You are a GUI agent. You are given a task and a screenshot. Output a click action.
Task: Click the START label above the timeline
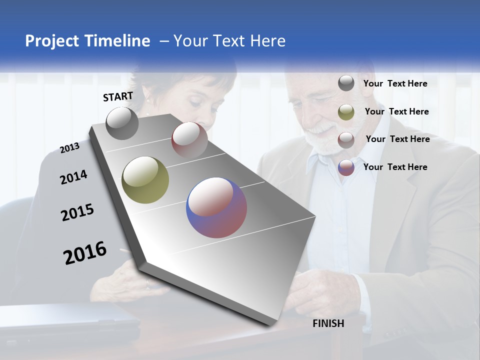click(118, 96)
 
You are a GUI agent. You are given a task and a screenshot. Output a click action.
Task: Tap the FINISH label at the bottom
click(328, 323)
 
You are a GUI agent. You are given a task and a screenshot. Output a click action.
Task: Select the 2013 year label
click(69, 148)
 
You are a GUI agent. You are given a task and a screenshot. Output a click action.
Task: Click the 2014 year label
click(73, 177)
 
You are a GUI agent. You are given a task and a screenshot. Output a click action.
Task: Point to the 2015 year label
click(77, 212)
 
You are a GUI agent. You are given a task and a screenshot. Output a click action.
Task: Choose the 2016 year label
click(85, 253)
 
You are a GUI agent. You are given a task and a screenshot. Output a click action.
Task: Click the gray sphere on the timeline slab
click(122, 123)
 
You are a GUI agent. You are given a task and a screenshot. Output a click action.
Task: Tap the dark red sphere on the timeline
click(189, 139)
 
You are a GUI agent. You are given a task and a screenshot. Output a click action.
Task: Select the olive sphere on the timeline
click(145, 180)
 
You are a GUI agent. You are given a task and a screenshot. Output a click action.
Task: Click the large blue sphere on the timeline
click(216, 207)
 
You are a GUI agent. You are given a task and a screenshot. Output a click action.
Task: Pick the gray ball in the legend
click(346, 83)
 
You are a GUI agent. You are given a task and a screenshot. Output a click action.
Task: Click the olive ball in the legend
click(346, 112)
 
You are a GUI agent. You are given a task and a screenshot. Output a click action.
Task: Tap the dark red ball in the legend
click(346, 140)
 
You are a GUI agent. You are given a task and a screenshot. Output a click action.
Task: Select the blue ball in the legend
click(346, 167)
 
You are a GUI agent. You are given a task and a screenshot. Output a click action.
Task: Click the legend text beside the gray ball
click(395, 84)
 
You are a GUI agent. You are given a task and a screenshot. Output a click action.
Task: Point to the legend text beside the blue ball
click(395, 167)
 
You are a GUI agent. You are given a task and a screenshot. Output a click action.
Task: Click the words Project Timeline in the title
click(87, 41)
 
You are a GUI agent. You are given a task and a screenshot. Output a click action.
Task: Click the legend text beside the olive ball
click(397, 111)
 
